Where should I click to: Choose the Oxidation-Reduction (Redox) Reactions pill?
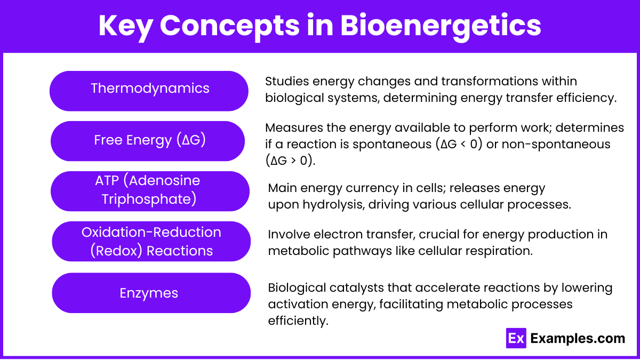pyautogui.click(x=151, y=242)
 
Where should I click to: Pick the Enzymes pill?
pyautogui.click(x=151, y=293)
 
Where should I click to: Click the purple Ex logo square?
pyautogui.click(x=516, y=338)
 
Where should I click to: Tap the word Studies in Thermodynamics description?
pyautogui.click(x=286, y=82)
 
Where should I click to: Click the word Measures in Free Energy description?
pyautogui.click(x=291, y=128)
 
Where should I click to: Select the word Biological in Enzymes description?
pyautogui.click(x=297, y=288)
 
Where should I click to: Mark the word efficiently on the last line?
pyautogui.click(x=297, y=321)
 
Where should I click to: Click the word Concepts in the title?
pyautogui.click(x=224, y=26)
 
